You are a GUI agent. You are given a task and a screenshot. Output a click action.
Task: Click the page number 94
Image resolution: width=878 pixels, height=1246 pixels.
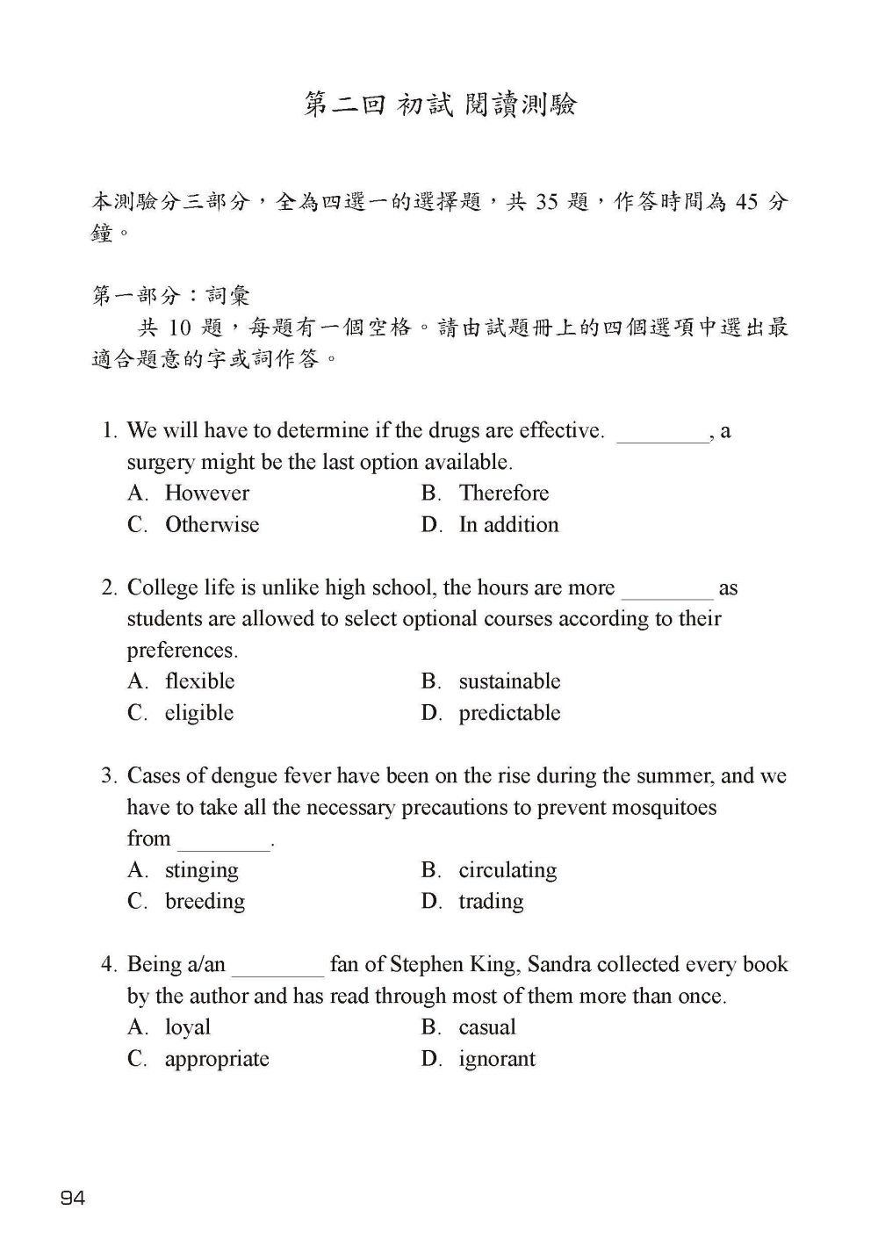click(x=73, y=1198)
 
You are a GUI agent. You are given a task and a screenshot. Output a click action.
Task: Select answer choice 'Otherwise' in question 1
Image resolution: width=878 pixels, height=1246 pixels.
click(x=212, y=524)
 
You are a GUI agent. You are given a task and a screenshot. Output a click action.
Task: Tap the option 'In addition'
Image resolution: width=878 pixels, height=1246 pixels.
click(x=508, y=524)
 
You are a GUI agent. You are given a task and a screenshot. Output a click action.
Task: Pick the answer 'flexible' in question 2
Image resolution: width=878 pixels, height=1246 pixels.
click(x=199, y=681)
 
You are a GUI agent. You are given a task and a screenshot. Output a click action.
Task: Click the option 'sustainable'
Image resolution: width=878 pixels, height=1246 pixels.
click(x=509, y=681)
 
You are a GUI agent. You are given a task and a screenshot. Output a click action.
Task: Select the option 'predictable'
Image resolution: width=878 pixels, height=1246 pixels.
click(x=509, y=712)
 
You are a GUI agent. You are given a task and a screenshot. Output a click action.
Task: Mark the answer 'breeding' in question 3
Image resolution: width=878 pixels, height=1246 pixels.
click(x=205, y=901)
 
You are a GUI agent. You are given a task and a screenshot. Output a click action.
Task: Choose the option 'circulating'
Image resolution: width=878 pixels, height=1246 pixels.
click(x=507, y=869)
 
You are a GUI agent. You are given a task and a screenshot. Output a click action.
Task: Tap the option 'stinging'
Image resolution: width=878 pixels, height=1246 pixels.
click(x=201, y=869)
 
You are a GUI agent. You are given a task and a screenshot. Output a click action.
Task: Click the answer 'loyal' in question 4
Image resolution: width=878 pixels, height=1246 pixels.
click(x=188, y=1026)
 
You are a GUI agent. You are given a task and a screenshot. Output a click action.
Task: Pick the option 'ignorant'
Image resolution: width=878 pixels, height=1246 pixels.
click(x=496, y=1058)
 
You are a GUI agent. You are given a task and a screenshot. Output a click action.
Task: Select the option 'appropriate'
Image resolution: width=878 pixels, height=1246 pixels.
click(x=217, y=1058)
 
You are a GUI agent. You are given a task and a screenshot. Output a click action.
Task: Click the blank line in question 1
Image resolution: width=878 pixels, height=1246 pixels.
click(x=663, y=436)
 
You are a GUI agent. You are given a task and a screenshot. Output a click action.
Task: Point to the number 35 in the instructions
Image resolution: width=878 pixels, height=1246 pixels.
click(x=546, y=202)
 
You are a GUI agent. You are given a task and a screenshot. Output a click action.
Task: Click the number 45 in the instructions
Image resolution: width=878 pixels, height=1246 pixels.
click(x=746, y=202)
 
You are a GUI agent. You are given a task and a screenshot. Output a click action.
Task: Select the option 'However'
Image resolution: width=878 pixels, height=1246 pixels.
click(x=206, y=493)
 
